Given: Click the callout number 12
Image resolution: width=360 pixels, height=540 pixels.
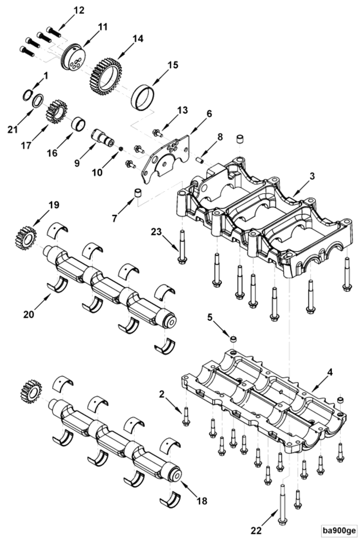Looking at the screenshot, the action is [x=79, y=10].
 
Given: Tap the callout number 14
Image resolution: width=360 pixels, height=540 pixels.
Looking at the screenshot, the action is [x=137, y=39].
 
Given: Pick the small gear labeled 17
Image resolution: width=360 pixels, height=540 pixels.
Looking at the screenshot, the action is [x=56, y=111].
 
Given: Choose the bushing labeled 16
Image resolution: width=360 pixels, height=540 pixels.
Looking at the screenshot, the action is [x=78, y=124].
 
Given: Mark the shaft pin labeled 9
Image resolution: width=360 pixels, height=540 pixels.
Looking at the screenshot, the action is [x=103, y=138].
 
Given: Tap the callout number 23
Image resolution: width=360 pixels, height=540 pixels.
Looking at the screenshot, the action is [x=156, y=232].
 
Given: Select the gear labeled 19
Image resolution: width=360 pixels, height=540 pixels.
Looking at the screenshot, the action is [x=27, y=237].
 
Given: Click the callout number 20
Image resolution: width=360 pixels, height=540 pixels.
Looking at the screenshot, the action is [x=29, y=314].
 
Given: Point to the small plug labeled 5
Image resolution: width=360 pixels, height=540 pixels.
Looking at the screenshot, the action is [x=233, y=339].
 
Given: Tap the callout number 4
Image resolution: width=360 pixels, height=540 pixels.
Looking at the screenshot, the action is [x=330, y=372].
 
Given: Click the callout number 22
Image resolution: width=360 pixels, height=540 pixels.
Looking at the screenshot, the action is [x=256, y=530].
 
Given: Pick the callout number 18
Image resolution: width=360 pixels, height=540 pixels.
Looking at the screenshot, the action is [x=202, y=501].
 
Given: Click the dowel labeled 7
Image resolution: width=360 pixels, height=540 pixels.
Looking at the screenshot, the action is [x=138, y=193].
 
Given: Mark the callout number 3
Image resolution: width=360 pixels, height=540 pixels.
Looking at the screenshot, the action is [x=312, y=176].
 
